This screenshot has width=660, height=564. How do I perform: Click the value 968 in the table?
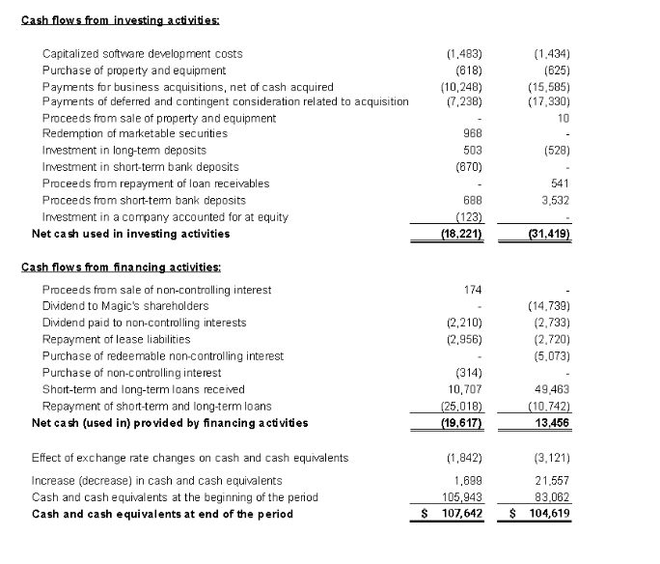click(472, 133)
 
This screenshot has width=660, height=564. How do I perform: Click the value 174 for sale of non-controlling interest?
click(472, 290)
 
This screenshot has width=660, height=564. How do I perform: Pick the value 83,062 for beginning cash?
click(554, 497)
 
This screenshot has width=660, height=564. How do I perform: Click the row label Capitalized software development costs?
click(143, 54)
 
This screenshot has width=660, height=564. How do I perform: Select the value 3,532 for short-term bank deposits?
click(557, 200)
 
